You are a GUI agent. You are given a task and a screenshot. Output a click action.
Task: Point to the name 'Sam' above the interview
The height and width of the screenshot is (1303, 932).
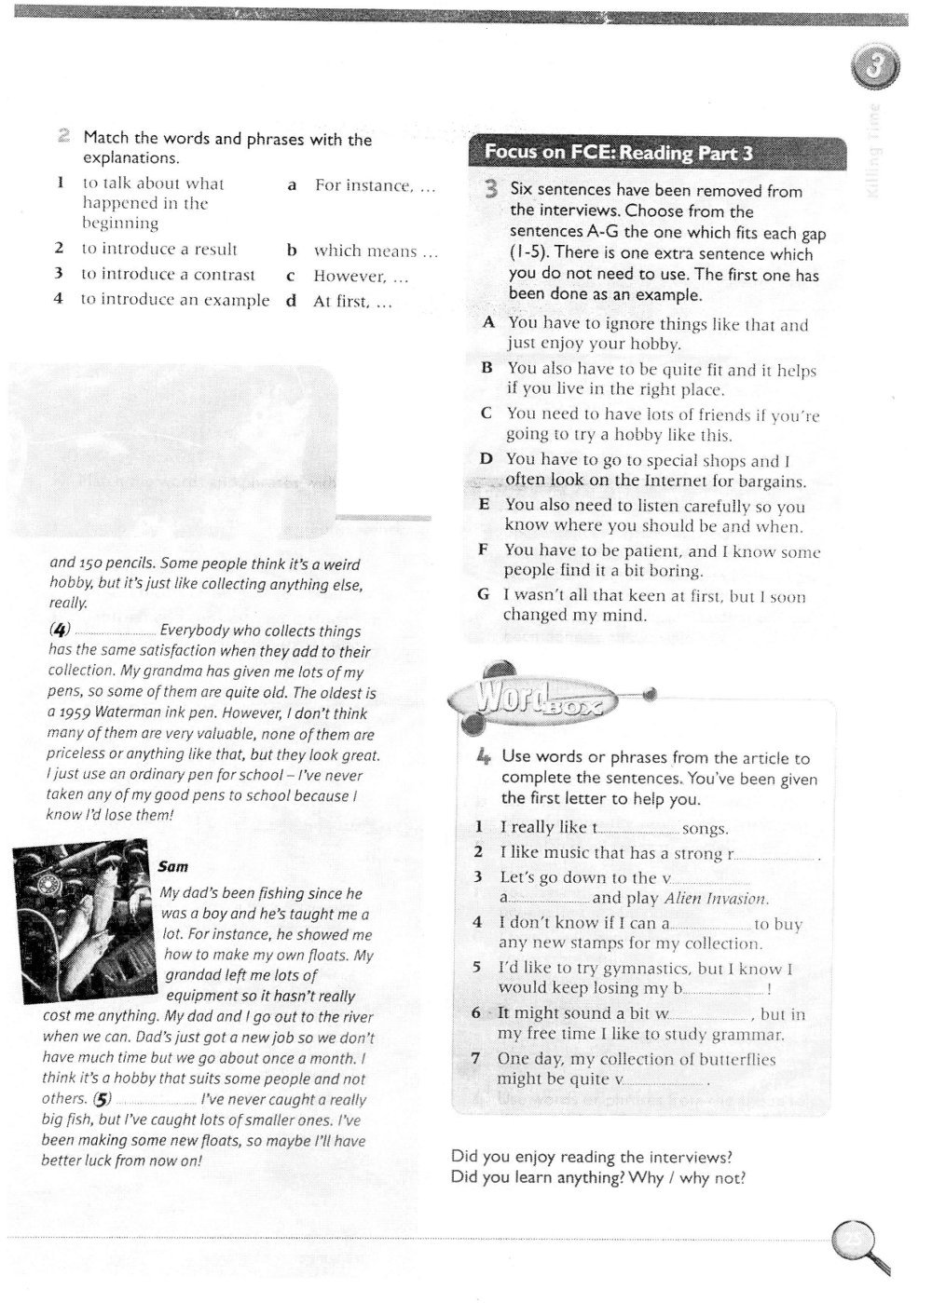(172, 867)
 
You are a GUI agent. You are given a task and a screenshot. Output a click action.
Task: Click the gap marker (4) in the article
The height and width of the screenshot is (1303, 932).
(60, 631)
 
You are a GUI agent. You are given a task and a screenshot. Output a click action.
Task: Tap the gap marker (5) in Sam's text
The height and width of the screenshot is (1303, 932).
(102, 1100)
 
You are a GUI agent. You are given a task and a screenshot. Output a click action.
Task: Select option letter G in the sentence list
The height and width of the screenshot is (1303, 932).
(483, 595)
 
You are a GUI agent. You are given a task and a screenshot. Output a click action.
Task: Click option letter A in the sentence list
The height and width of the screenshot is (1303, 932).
(488, 323)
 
